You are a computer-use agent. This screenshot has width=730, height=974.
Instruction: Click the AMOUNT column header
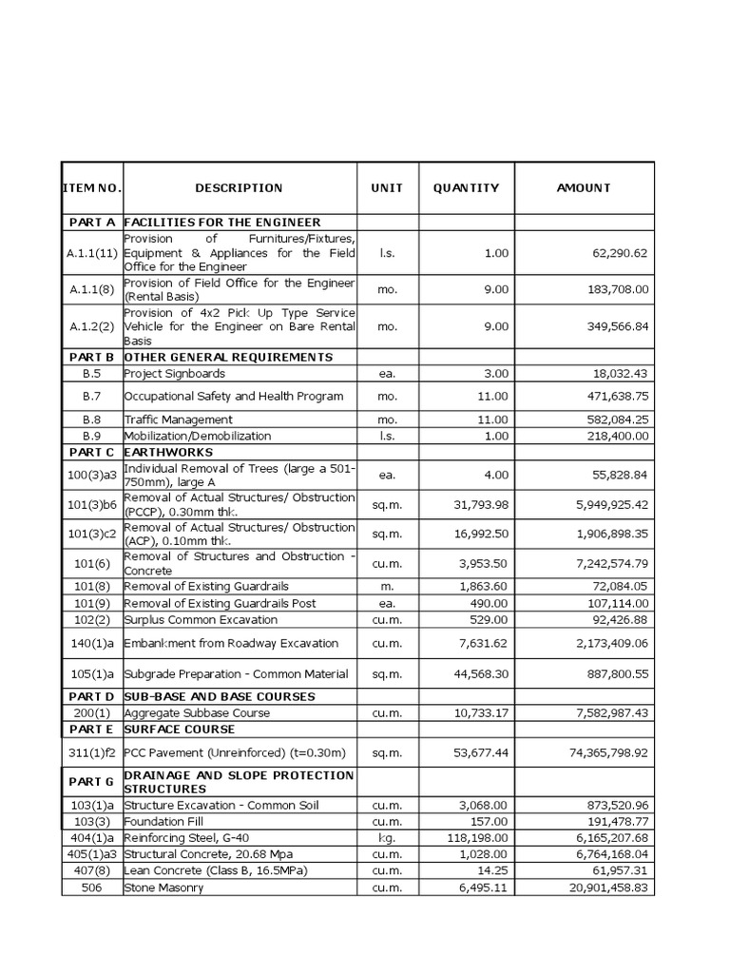584,188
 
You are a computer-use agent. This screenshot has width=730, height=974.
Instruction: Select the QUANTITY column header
466,188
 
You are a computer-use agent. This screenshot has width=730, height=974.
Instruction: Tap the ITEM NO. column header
92,188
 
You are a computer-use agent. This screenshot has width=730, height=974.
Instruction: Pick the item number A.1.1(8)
92,289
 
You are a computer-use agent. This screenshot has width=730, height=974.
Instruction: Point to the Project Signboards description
175,374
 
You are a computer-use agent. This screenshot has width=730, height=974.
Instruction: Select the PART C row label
92,452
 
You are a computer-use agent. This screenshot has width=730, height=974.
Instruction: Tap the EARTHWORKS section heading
168,452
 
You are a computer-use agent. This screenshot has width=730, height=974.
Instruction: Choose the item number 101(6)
92,563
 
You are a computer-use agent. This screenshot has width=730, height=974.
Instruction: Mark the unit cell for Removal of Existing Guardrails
387,587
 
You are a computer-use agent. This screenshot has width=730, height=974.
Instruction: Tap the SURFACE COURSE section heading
181,729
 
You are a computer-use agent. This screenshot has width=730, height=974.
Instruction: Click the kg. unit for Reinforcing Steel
387,838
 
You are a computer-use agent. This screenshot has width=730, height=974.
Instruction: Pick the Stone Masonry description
163,887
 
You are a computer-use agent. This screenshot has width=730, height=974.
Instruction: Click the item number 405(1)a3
92,855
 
